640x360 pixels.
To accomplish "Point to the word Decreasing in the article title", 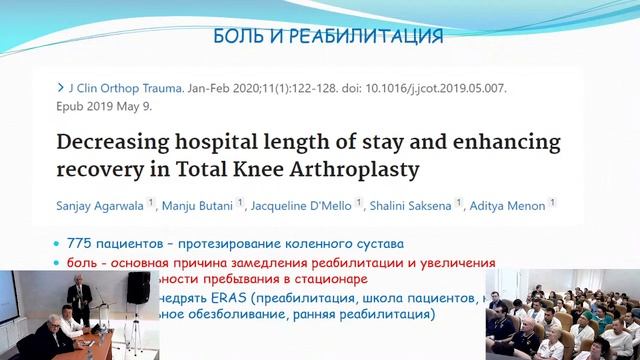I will point(126,141).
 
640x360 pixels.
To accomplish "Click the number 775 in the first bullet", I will point(79,243).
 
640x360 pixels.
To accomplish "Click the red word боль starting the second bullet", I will point(81,262).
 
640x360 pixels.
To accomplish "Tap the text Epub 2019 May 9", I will point(105,105).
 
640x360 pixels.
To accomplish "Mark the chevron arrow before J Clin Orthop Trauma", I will point(62,88).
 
